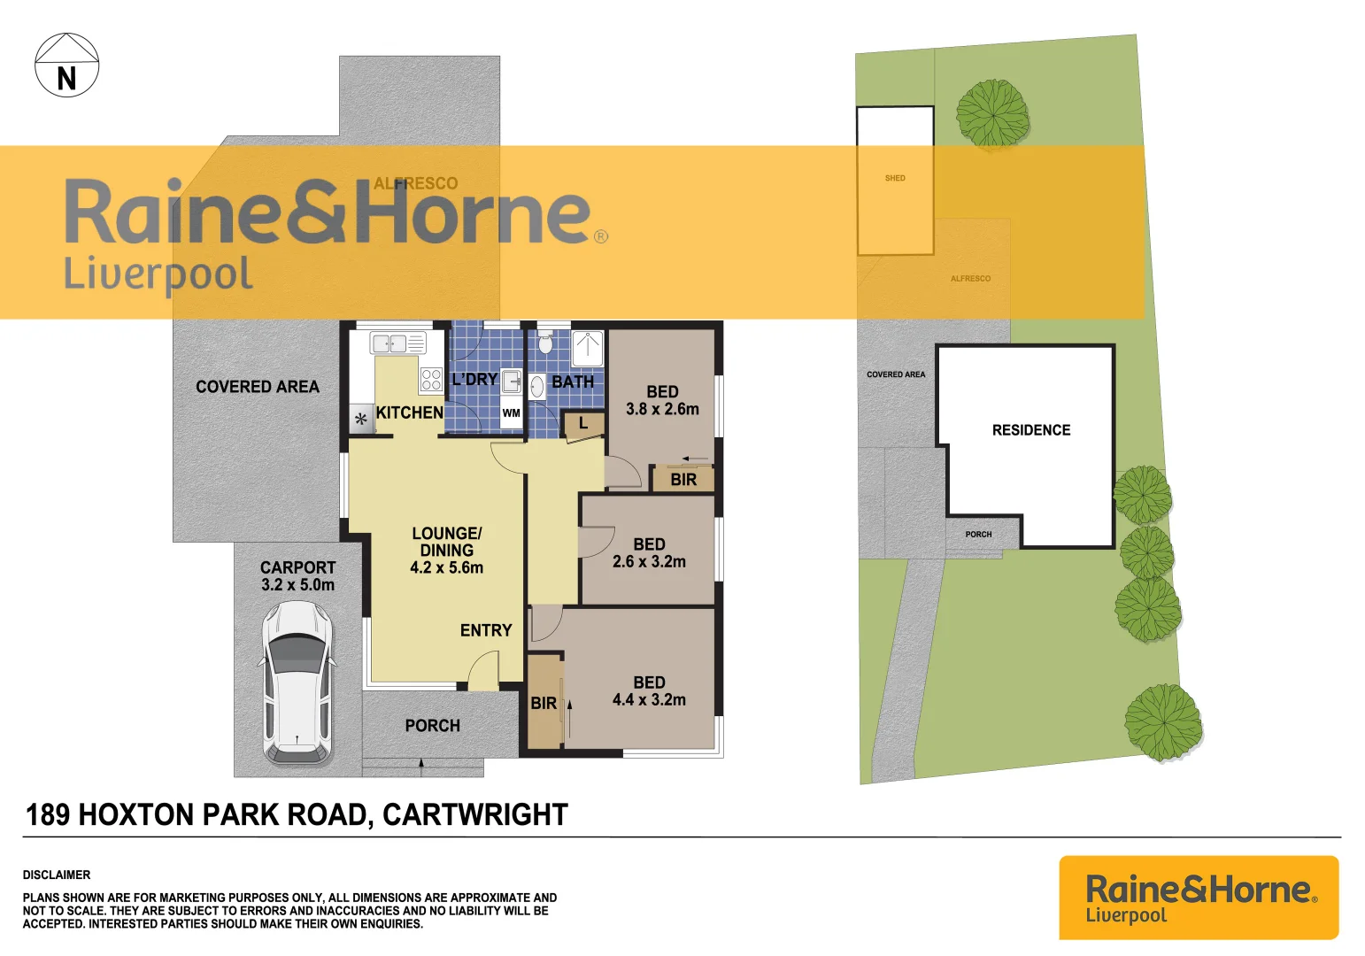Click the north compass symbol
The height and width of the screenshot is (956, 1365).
point(66,66)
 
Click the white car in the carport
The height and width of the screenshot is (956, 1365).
point(297,682)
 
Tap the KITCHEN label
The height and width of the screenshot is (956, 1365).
point(409,412)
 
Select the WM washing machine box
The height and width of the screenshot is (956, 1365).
point(512,413)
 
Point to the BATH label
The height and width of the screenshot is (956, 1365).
point(573,382)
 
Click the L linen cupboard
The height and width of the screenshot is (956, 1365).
point(582,424)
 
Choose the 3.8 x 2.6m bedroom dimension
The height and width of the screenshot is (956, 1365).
point(662,410)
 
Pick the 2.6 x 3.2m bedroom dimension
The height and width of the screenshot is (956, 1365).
point(649,562)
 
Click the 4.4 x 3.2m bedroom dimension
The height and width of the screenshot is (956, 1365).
point(649,700)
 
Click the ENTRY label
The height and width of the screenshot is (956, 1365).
point(486,630)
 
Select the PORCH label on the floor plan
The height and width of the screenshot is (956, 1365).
point(432,726)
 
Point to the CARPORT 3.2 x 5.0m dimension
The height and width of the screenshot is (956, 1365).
point(297,585)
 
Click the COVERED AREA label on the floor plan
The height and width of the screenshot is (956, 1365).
point(258,387)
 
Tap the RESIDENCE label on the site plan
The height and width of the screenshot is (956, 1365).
point(1031,430)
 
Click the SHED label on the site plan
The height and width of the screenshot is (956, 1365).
point(895,179)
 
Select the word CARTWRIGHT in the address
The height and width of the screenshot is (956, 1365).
point(474,814)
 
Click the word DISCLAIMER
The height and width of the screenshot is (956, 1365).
point(57,875)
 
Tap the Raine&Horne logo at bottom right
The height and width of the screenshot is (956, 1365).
point(1199,898)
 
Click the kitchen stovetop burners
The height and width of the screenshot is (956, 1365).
point(431,380)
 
